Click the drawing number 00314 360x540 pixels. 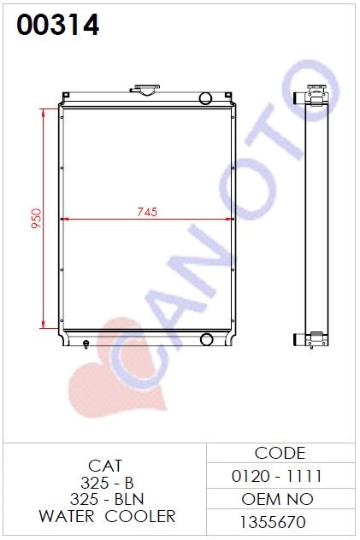58,25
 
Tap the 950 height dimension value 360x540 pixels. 36,218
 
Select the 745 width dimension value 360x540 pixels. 147,212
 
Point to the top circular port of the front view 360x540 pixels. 206,98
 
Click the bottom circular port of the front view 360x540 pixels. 206,339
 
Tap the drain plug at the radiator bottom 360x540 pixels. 86,344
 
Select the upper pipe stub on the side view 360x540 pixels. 298,98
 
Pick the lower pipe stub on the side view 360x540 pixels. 299,339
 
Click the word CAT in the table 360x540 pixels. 105,466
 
